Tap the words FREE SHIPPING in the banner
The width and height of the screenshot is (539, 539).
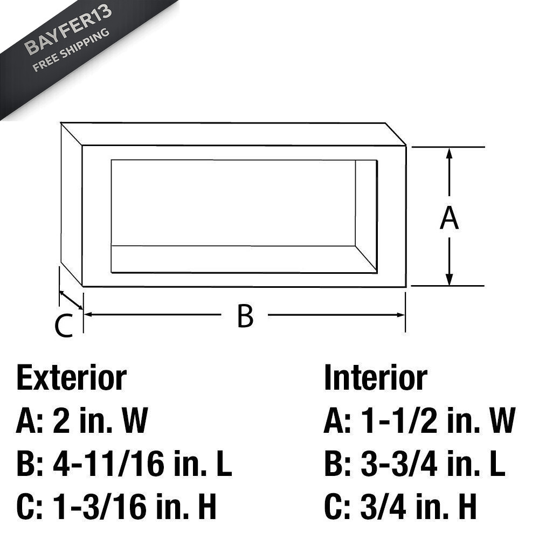(x=71, y=50)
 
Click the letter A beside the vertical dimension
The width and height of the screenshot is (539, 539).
(x=449, y=218)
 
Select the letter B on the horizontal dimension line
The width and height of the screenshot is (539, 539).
(x=245, y=315)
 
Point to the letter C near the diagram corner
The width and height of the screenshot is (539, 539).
(x=64, y=325)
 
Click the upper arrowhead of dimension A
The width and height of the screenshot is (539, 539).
(x=449, y=153)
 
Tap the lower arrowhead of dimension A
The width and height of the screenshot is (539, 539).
(x=449, y=280)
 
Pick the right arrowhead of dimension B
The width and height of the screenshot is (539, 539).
(x=400, y=315)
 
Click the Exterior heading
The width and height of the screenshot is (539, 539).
(x=72, y=378)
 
